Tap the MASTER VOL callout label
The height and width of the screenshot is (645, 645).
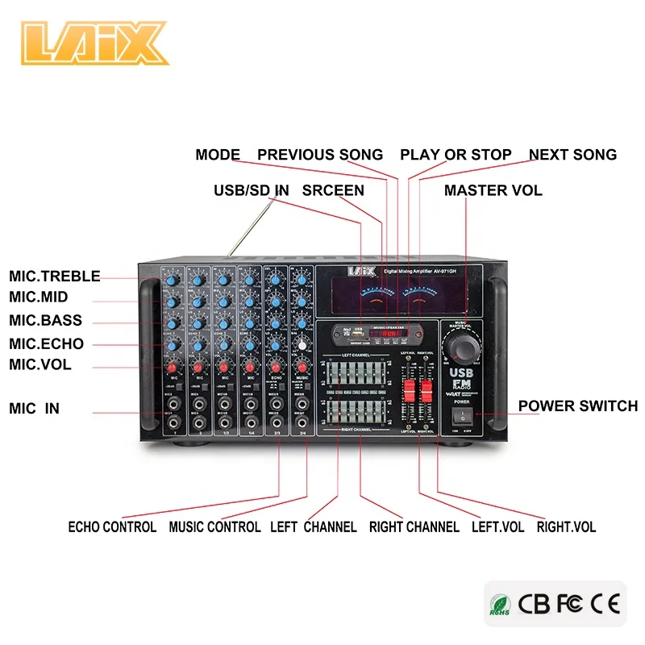(x=493, y=191)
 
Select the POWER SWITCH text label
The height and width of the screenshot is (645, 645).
(x=577, y=406)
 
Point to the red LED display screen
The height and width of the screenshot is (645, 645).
(x=392, y=331)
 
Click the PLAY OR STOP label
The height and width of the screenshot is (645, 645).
(x=456, y=155)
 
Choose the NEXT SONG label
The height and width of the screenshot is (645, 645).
(x=572, y=155)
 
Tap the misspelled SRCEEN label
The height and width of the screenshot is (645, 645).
(x=333, y=191)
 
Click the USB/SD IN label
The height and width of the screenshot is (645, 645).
(x=251, y=191)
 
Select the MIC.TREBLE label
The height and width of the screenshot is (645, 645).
(x=55, y=277)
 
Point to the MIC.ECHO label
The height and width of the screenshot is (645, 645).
(x=47, y=344)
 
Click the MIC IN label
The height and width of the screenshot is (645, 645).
(x=35, y=409)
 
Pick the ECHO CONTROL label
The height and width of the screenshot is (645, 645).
(x=112, y=527)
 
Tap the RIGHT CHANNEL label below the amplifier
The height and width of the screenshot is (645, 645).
(x=414, y=527)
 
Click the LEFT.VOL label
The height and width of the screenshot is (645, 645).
(x=497, y=527)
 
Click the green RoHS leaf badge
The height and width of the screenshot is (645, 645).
(x=498, y=604)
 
